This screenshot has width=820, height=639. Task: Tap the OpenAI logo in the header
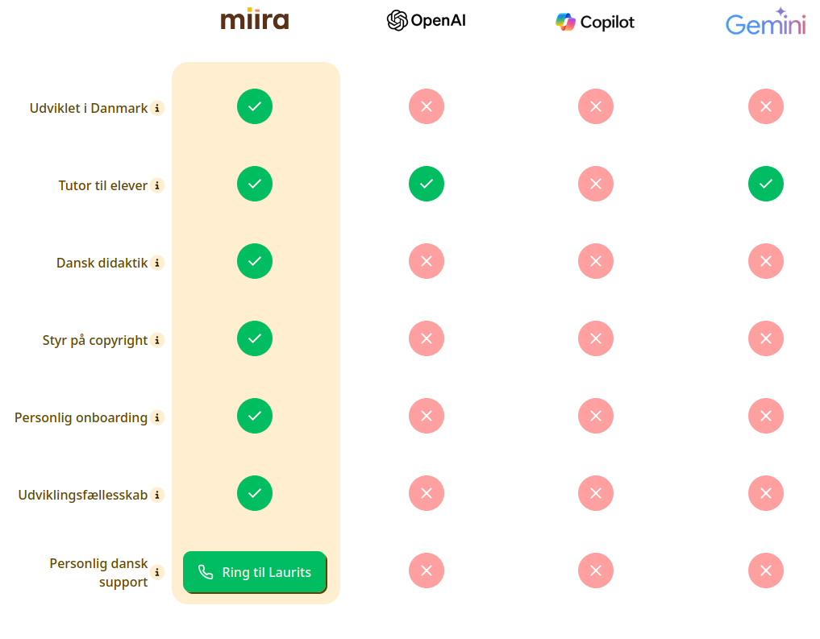[x=427, y=20]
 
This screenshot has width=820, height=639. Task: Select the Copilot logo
[x=594, y=22]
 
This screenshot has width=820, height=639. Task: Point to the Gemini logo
[x=766, y=22]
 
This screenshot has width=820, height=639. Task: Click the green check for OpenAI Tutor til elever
[x=427, y=184]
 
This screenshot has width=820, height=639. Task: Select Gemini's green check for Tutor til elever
[x=766, y=184]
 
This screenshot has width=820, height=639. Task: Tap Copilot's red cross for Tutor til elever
[x=596, y=184]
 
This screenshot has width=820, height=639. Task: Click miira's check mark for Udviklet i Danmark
[x=255, y=106]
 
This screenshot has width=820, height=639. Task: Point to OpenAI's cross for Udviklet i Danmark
[x=427, y=106]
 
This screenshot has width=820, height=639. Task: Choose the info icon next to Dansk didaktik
[x=157, y=263]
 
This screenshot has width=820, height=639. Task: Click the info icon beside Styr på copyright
[x=157, y=340]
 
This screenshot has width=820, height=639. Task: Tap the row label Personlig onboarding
[x=81, y=418]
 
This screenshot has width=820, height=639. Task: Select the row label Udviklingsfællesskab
[x=82, y=495]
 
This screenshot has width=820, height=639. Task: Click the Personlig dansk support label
[x=99, y=573]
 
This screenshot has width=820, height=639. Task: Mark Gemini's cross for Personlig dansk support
[x=766, y=571]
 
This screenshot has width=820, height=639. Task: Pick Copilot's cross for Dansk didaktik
[x=596, y=261]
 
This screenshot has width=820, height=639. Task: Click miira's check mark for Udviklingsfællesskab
[x=255, y=493]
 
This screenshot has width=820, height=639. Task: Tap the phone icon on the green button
[x=206, y=572]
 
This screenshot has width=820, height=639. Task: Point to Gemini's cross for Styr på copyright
[x=766, y=338]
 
